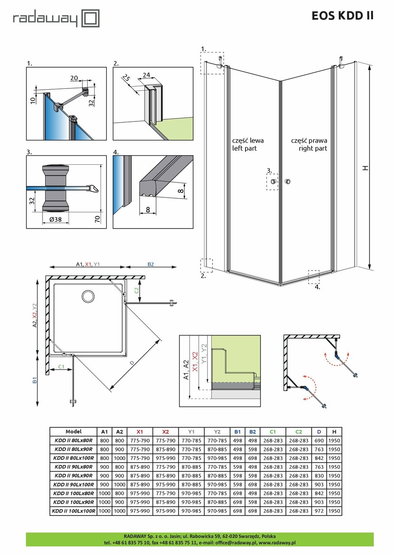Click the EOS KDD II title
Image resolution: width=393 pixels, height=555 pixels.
(x=342, y=16)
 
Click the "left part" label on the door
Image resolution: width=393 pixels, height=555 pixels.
(x=245, y=148)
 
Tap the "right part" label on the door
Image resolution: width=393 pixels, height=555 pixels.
(x=313, y=148)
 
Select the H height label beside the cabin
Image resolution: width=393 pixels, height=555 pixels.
(x=366, y=167)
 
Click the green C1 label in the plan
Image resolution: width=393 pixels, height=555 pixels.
(x=62, y=367)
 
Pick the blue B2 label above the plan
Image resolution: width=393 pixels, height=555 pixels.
(x=151, y=264)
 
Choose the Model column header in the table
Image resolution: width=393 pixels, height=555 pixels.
(x=73, y=432)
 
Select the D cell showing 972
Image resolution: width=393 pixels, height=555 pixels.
(x=319, y=511)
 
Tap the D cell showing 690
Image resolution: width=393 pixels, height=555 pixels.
(x=319, y=440)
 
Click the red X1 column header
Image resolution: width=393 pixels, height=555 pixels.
(x=139, y=432)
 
